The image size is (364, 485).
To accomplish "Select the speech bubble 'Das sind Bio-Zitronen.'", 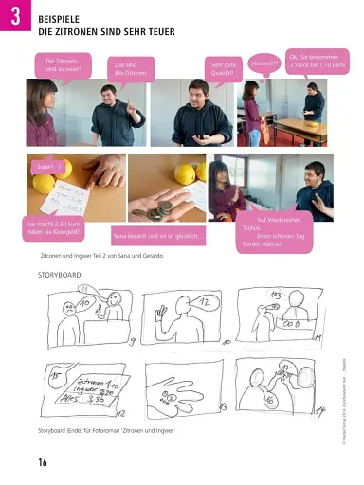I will click(130, 68).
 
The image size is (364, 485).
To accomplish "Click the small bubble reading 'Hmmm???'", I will click(264, 63).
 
